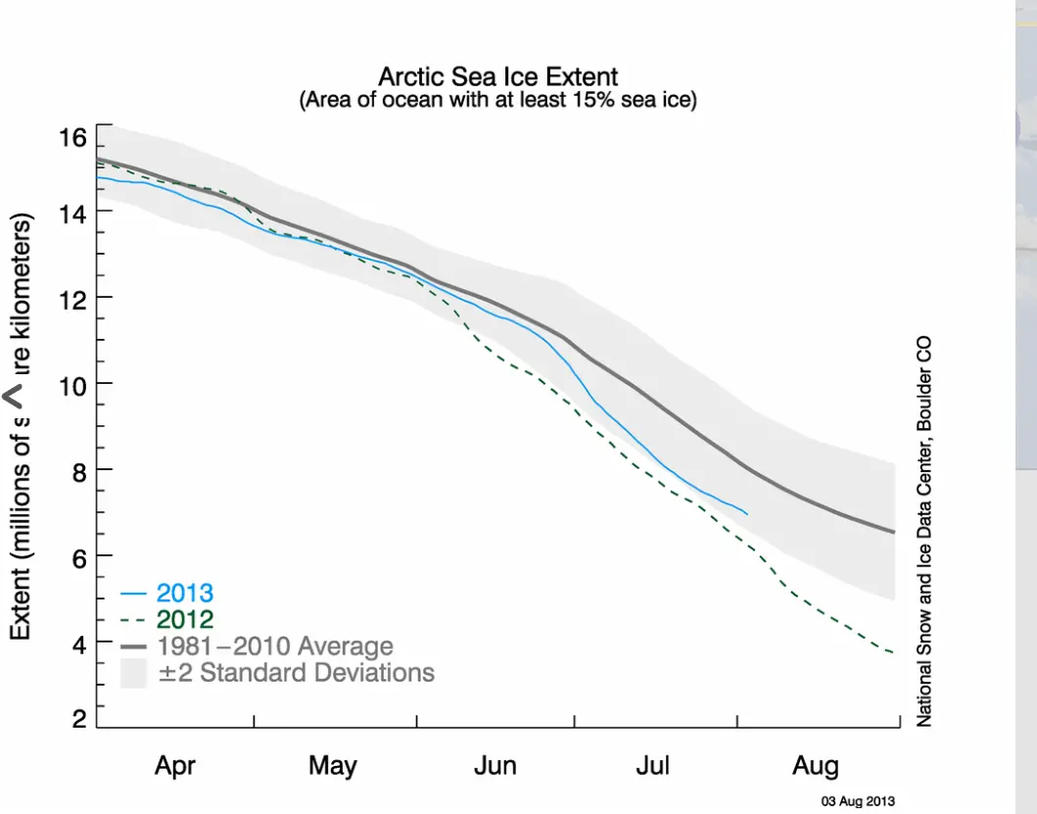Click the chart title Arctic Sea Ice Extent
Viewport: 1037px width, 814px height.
pyautogui.click(x=497, y=76)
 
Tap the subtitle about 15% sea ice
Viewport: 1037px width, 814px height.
pyautogui.click(x=497, y=100)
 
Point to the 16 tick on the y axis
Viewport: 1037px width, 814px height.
pyautogui.click(x=72, y=137)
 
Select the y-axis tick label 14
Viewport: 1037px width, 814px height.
pyautogui.click(x=72, y=213)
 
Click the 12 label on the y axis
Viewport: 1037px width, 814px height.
pyautogui.click(x=72, y=297)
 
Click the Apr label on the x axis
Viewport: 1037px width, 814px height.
pyautogui.click(x=175, y=765)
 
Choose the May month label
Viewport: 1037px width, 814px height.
pyautogui.click(x=333, y=765)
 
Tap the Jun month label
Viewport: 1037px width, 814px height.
pyautogui.click(x=495, y=765)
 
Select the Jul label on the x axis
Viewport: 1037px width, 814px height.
pyautogui.click(x=652, y=765)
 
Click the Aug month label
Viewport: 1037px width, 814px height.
pyautogui.click(x=815, y=765)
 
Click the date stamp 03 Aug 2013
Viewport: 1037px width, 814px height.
pyautogui.click(x=857, y=800)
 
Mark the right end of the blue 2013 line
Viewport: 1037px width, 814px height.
pyautogui.click(x=747, y=513)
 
